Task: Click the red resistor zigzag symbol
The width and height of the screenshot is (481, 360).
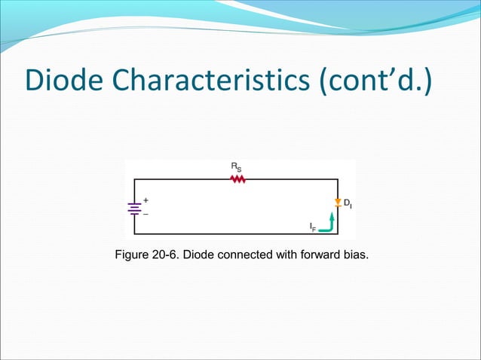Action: [238, 179]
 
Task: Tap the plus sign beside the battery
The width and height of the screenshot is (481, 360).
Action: [146, 201]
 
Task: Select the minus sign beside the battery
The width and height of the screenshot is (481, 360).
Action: [146, 215]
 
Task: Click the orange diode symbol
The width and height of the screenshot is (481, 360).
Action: [337, 203]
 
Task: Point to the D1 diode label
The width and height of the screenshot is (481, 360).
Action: [348, 203]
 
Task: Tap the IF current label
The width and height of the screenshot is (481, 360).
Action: [313, 227]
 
